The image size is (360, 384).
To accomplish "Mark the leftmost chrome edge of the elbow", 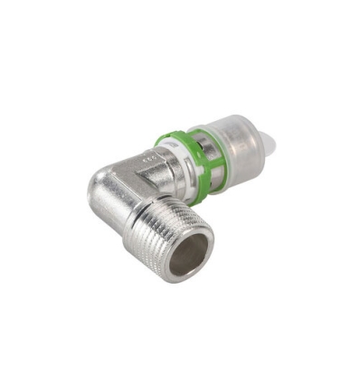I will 90,194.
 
